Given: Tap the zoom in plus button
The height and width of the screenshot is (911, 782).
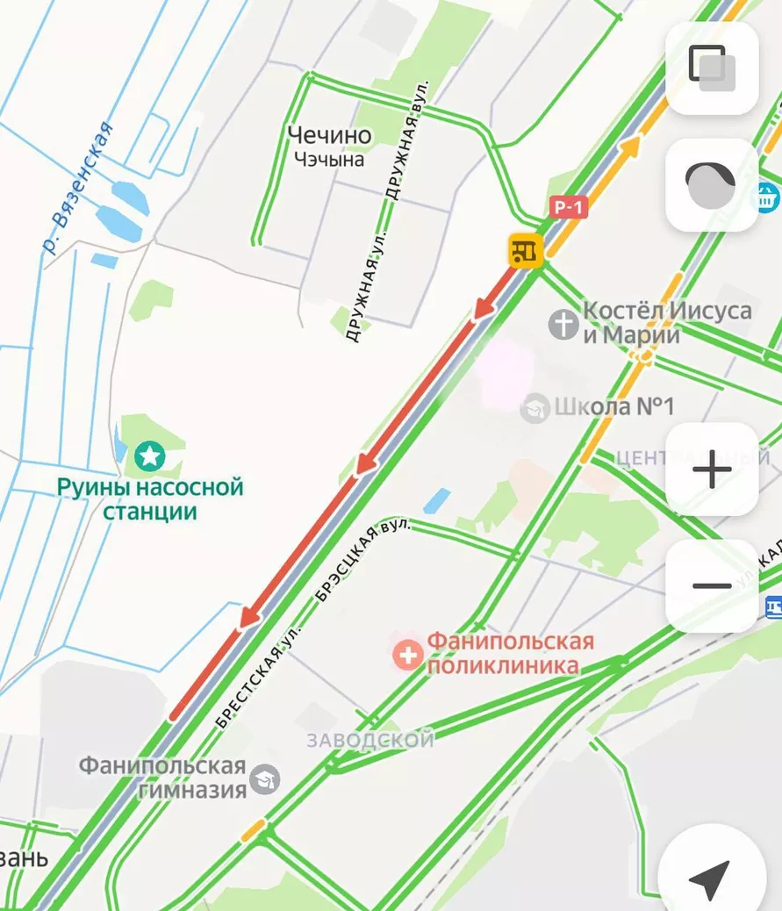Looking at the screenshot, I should click(712, 470).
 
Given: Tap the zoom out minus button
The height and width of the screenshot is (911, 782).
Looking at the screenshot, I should click(712, 586).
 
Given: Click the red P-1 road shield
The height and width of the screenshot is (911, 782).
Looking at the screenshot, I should click(569, 207).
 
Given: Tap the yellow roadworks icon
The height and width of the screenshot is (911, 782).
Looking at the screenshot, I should click(526, 251).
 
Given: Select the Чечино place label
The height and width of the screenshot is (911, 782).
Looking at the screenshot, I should click(329, 135).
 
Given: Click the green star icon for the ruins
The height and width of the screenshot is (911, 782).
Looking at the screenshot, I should click(150, 455).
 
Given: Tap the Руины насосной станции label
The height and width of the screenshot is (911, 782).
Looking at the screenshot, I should click(149, 499).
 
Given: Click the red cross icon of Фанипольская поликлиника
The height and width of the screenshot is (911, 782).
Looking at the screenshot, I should click(407, 654).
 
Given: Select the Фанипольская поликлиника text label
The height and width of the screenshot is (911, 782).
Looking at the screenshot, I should click(509, 654).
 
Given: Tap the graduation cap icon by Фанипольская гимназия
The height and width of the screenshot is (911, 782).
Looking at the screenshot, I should click(264, 778).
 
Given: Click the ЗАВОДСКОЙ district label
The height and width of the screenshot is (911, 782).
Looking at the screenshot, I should click(370, 740).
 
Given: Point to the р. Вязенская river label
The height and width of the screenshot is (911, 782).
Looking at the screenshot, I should click(78, 189).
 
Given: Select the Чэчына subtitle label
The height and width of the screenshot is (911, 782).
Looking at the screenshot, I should click(329, 160).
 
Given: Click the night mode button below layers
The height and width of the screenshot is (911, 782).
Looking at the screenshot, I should click(712, 185).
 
